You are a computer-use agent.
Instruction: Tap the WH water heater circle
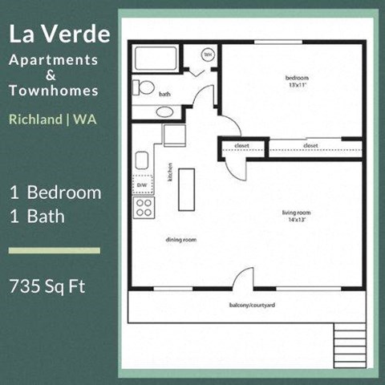[x=208, y=55]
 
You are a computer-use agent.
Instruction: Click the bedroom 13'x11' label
[x=297, y=81]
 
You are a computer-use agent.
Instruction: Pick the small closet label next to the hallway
[x=241, y=146]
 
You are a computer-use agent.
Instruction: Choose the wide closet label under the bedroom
[x=311, y=146]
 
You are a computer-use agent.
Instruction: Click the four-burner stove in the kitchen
[x=144, y=209]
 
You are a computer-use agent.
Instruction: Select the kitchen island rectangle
[x=187, y=186]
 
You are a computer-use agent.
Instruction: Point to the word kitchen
[x=170, y=172]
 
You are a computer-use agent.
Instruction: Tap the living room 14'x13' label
[x=295, y=216]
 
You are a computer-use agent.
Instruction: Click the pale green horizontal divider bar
[x=54, y=250]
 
